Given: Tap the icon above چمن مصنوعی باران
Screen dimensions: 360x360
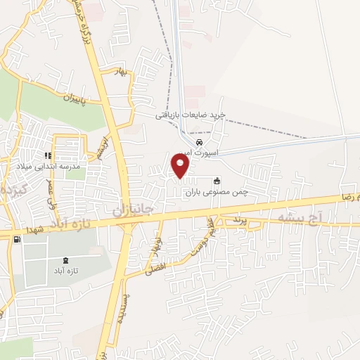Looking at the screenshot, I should click(x=217, y=180).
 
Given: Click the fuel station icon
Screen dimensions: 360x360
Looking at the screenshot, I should click(x=16, y=239).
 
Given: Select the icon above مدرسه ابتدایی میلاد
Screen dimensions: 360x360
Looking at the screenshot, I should click(x=48, y=155).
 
